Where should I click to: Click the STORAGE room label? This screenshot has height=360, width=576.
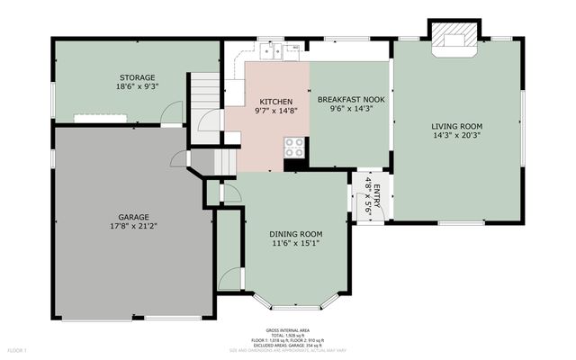click(x=138, y=77)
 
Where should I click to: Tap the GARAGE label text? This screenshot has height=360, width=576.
click(x=132, y=216)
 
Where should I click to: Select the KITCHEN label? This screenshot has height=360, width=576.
click(x=275, y=101)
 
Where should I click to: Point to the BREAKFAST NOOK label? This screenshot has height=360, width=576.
click(x=352, y=98)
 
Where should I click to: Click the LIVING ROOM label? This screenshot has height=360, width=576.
click(x=458, y=126)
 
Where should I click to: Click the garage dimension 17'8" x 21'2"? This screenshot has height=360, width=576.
click(x=132, y=227)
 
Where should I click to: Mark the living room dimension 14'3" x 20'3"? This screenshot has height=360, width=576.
click(x=458, y=137)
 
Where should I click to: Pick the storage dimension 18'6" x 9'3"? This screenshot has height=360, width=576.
click(x=138, y=87)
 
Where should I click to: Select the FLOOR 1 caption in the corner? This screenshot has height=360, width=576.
click(x=18, y=349)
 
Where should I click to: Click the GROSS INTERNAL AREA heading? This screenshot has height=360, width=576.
click(x=288, y=330)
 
